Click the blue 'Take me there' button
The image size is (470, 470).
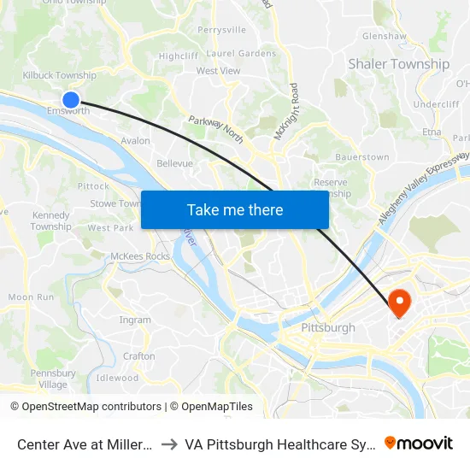pos(234,209)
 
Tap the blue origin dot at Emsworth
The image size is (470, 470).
pos(71,100)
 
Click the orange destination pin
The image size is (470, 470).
pos(398,303)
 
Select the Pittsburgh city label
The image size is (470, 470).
pos(328,327)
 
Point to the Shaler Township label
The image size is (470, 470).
pos(398,64)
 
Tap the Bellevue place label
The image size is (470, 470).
pos(174,163)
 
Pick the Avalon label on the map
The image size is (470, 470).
pos(135,141)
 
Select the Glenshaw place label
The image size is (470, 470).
pos(384,37)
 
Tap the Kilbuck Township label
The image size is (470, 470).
pos(59,76)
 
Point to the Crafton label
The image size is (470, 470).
pos(139,356)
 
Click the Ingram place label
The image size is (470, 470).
pos(135,320)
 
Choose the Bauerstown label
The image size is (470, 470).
pos(362,157)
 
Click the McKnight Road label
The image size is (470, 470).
pos(285,111)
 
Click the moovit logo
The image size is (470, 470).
pos(418,443)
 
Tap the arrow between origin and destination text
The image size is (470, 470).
pos(168,444)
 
